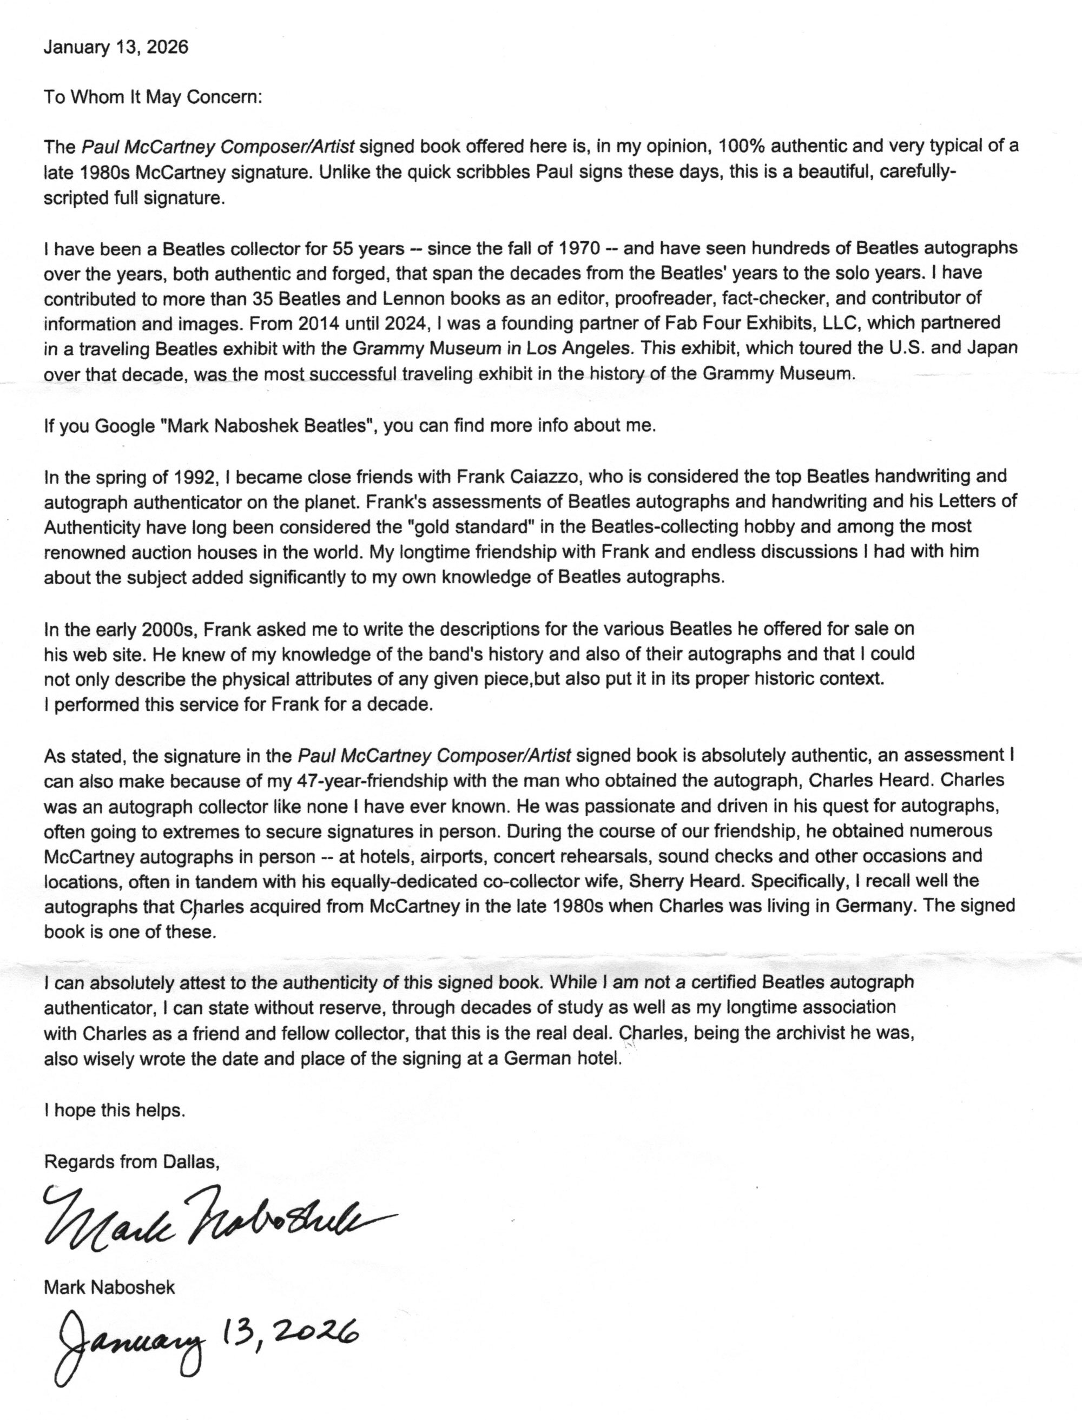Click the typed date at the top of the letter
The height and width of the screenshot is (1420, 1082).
pyautogui.click(x=116, y=48)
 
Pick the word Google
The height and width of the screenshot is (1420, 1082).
pyautogui.click(x=125, y=426)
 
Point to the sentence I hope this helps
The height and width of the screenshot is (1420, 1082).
pyautogui.click(x=115, y=1111)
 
